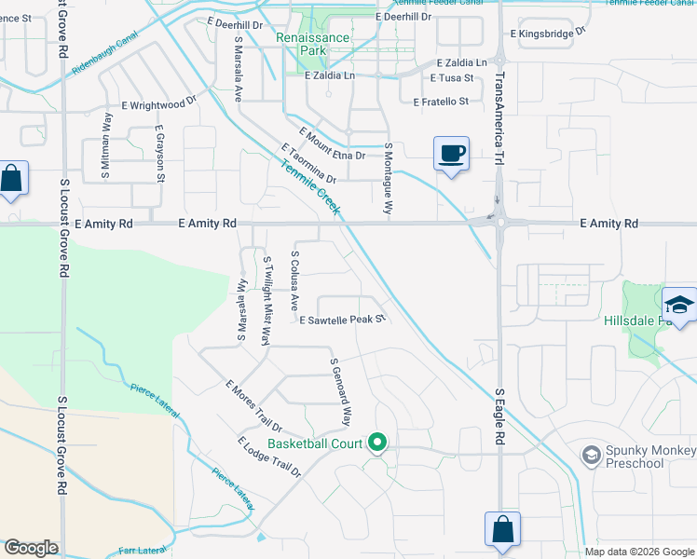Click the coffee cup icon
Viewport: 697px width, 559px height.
(451, 154)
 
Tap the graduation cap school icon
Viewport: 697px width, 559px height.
(678, 306)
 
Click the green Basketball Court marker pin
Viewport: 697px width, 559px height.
(377, 443)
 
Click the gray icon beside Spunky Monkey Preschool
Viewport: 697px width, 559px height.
(590, 455)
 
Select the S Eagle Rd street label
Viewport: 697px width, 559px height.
(499, 416)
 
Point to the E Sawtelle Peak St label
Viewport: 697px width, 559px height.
(342, 320)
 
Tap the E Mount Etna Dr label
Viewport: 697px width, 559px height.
(333, 143)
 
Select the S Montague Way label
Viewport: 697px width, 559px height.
(389, 180)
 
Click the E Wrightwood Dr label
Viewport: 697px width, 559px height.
(158, 104)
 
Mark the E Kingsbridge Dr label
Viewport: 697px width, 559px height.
(547, 33)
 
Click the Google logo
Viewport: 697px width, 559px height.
(32, 548)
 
